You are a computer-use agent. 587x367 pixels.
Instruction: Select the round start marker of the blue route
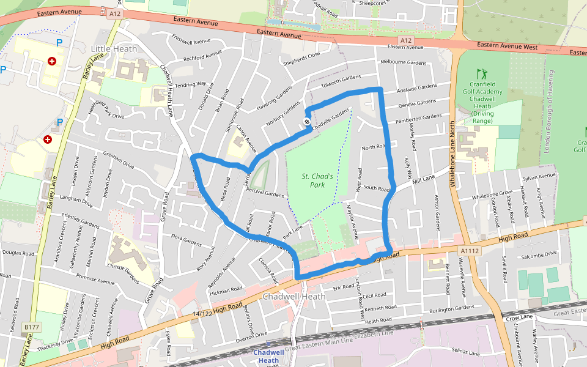(307, 122)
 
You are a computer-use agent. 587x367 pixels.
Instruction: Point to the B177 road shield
(32, 328)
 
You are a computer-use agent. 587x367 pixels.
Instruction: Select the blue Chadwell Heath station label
(268, 357)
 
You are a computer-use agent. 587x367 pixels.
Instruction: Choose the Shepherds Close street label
(301, 58)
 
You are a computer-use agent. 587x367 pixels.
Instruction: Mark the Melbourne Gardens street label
(403, 63)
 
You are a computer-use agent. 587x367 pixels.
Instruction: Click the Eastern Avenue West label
(507, 46)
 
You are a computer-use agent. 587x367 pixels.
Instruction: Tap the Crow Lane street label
(519, 317)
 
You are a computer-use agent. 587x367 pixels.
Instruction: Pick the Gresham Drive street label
(119, 160)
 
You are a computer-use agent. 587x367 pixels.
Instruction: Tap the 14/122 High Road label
(217, 311)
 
